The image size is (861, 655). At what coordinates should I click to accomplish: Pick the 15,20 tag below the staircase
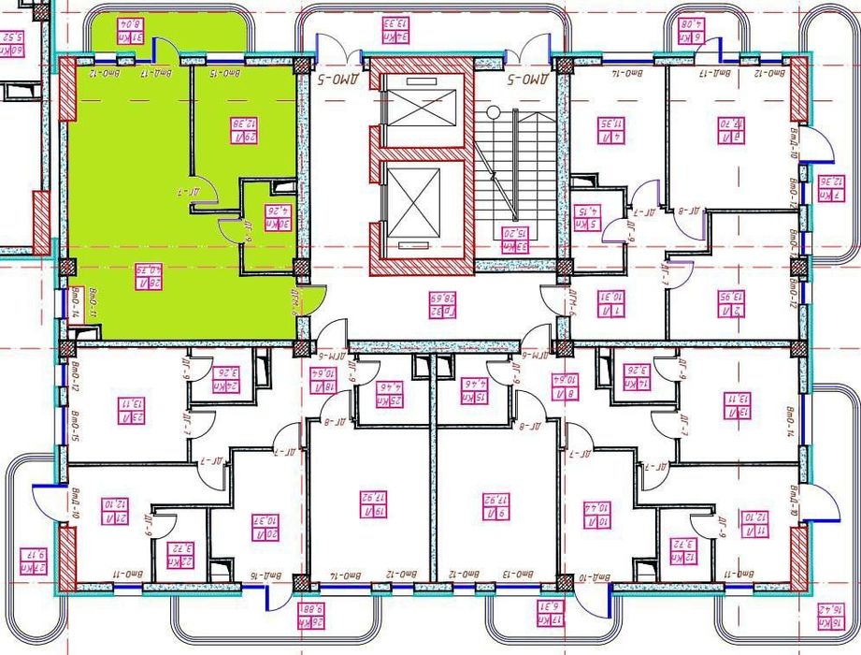[510, 240]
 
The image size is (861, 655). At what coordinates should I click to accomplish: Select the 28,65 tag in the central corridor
[433, 302]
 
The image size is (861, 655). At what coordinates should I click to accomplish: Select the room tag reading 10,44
[601, 511]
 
